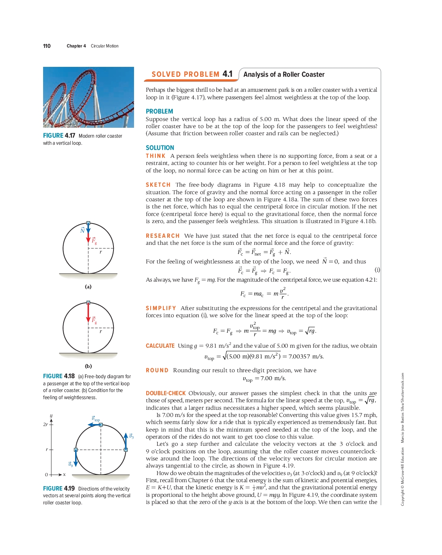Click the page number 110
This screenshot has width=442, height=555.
click(47, 46)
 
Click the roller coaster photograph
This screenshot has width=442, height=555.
click(88, 97)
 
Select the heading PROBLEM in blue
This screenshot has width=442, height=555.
click(159, 112)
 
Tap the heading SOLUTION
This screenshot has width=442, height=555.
click(160, 148)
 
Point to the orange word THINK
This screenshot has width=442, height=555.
click(155, 156)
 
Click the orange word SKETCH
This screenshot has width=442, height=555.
click(158, 185)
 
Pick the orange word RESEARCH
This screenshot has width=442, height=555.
click(162, 236)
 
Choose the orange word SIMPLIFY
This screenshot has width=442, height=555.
click(161, 308)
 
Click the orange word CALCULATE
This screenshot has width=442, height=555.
click(160, 346)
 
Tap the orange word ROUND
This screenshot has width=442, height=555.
click(157, 370)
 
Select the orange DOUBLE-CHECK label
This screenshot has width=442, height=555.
click(166, 393)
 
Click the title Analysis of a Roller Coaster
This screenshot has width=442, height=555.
click(284, 74)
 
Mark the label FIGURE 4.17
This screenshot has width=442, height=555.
click(59, 136)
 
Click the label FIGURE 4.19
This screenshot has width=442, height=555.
click(59, 489)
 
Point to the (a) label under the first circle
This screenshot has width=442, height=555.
click(88, 286)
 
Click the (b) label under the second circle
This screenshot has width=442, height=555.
click(88, 366)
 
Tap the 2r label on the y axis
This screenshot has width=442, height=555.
click(45, 424)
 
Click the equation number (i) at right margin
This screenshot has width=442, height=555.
click(377, 270)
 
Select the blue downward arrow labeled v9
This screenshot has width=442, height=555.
click(76, 459)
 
